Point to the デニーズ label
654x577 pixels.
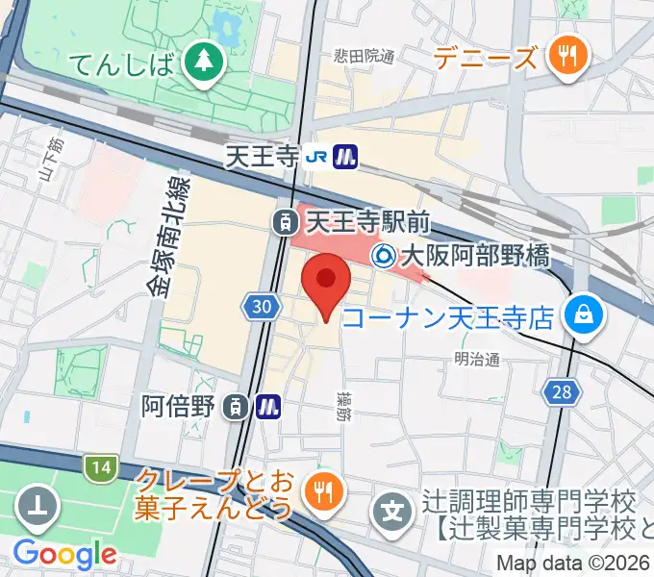(485, 59)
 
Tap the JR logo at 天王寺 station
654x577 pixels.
(315, 156)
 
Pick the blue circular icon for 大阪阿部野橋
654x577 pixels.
(384, 256)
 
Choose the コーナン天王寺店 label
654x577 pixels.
(448, 315)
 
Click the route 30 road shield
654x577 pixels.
(261, 306)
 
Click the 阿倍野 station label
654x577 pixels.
(176, 407)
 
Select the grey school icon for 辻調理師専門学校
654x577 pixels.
(392, 505)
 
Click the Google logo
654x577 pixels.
(64, 554)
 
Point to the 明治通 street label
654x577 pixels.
(478, 359)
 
